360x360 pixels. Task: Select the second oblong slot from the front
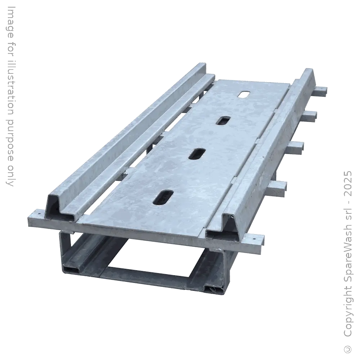tap(196, 154)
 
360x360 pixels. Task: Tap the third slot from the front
tap(222, 121)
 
